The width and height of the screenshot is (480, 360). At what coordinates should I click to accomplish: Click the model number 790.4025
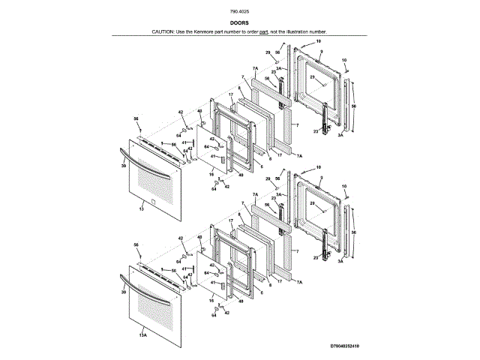coord(239,13)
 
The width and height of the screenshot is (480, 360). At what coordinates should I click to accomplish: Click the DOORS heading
coord(239,23)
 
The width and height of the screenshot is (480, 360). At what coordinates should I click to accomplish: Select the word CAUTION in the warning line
coord(163,32)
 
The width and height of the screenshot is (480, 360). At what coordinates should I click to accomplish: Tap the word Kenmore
coord(206,32)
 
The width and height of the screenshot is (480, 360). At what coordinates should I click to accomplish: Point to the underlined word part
coord(264,32)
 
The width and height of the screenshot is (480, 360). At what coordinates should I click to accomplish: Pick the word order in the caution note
coord(252,32)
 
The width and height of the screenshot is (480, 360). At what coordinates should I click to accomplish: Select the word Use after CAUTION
coord(182,32)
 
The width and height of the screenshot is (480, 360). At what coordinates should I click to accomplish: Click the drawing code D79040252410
coord(345,346)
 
